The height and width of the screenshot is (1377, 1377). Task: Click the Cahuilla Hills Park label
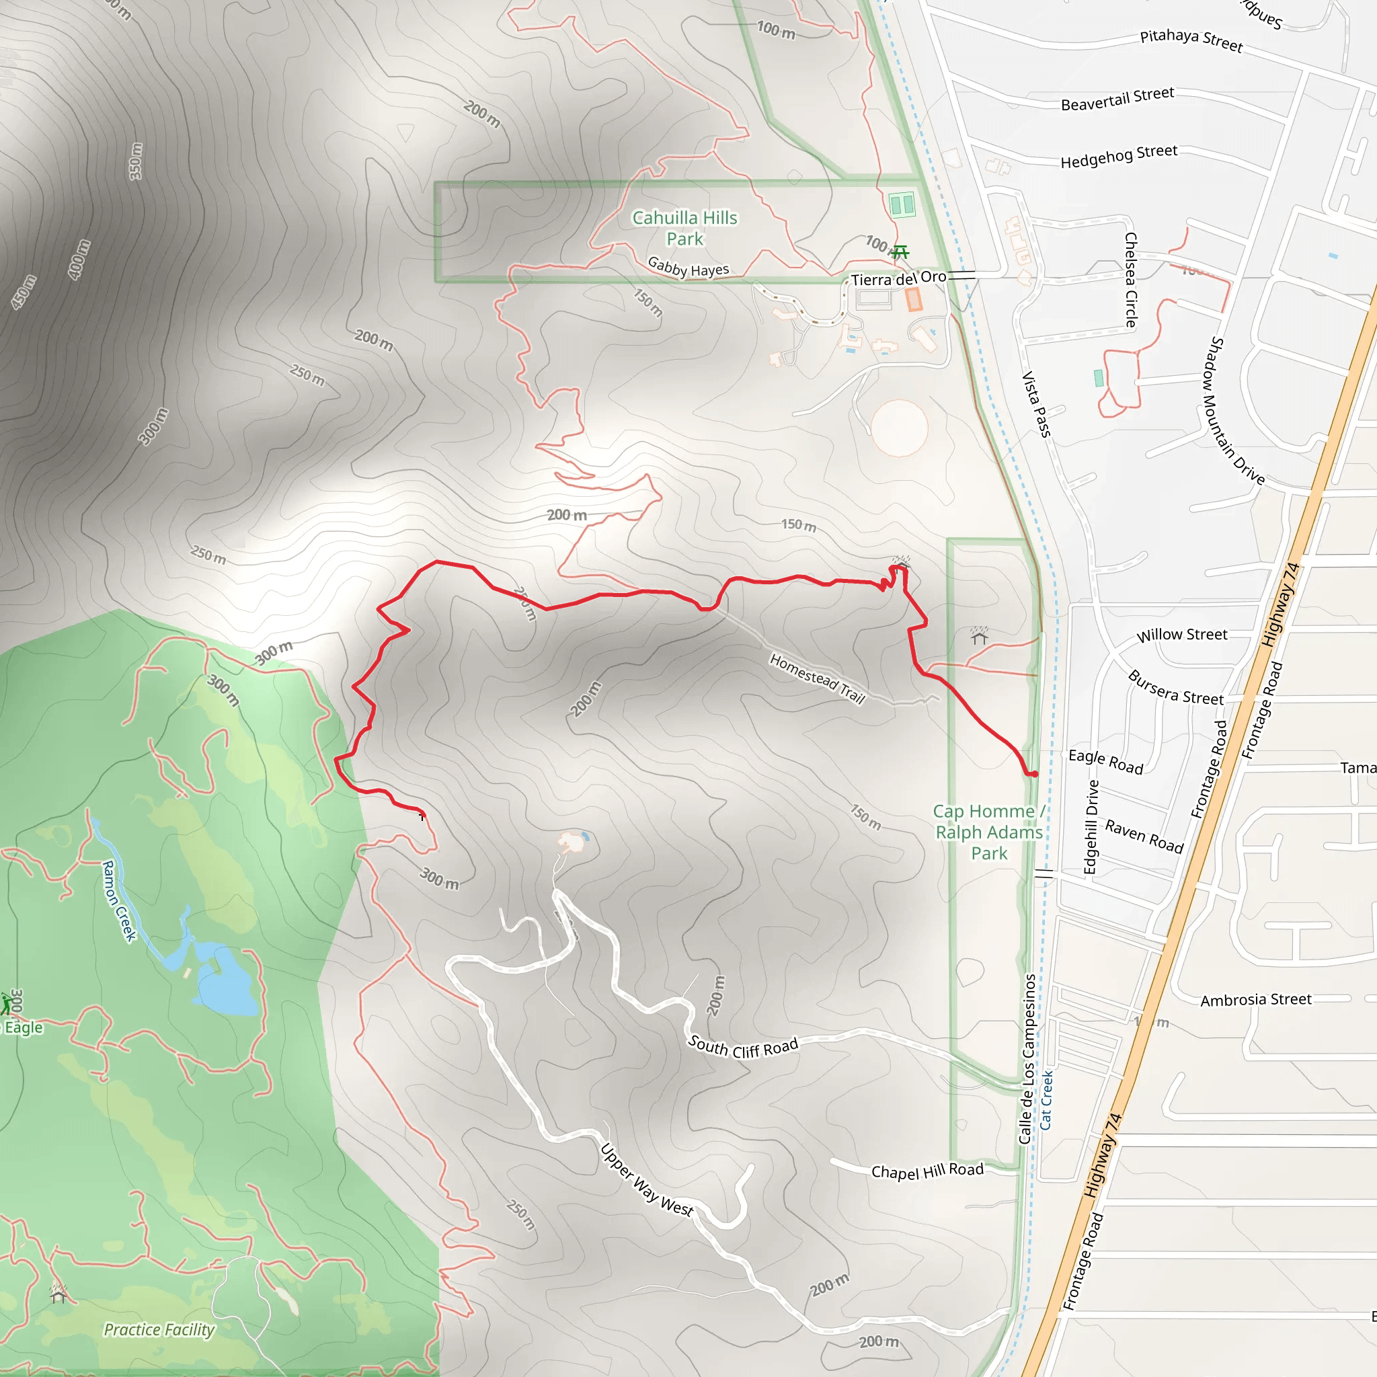[x=684, y=228]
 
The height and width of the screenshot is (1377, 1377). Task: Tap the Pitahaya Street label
[x=1191, y=40]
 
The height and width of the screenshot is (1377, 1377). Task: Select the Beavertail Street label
[x=1117, y=99]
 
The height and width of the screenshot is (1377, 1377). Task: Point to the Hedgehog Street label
[x=1118, y=156]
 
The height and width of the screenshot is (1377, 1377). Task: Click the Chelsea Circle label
[x=1130, y=280]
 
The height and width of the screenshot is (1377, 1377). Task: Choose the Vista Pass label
[x=1036, y=403]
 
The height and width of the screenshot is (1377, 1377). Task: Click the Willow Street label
[x=1182, y=634]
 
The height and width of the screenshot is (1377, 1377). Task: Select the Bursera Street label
[x=1175, y=688]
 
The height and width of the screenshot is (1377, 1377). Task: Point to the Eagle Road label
[x=1105, y=761]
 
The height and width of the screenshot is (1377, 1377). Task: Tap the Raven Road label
[x=1144, y=836]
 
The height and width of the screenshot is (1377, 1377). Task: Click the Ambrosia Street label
[x=1255, y=1000]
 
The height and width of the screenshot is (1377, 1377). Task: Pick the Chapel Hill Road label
[x=927, y=1171]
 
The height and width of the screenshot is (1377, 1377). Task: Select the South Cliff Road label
[x=742, y=1047]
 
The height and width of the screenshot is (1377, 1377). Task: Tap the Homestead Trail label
[x=817, y=678]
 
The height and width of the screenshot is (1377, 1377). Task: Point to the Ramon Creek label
[x=119, y=901]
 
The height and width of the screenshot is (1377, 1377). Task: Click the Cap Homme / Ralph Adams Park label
[x=988, y=832]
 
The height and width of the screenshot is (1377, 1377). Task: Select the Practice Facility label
[x=159, y=1329]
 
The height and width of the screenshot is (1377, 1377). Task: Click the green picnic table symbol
[x=900, y=251]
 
